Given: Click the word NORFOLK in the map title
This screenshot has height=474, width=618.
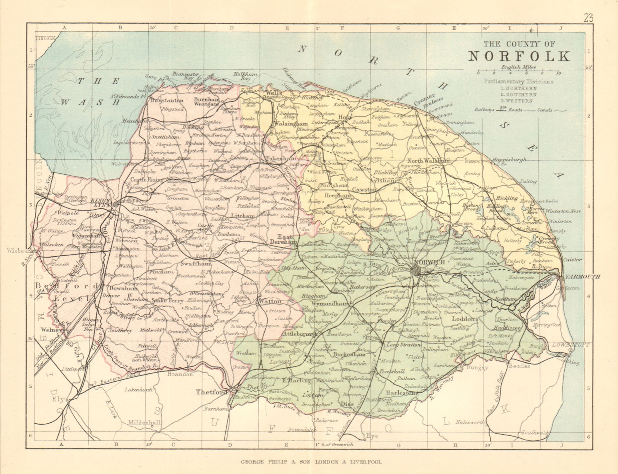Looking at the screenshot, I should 519,56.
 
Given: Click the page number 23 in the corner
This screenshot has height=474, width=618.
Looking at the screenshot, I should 589,17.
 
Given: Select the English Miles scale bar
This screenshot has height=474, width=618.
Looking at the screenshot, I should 518,72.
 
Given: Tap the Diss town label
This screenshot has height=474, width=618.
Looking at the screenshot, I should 349,404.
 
